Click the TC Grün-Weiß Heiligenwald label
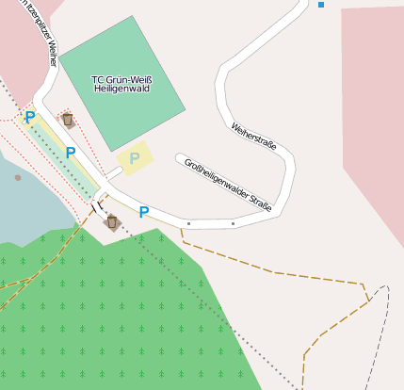tap(121, 84)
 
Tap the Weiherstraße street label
tap(252, 135)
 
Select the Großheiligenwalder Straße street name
tap(228, 183)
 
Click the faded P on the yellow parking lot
tap(135, 157)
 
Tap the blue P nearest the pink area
tap(30, 118)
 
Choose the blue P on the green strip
tap(71, 153)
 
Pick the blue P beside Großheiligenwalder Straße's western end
tap(144, 212)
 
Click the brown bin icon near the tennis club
tap(68, 120)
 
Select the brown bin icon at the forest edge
tap(112, 222)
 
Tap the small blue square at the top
tap(321, 5)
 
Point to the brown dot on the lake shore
tap(18, 177)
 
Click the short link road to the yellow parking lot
tap(113, 173)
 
